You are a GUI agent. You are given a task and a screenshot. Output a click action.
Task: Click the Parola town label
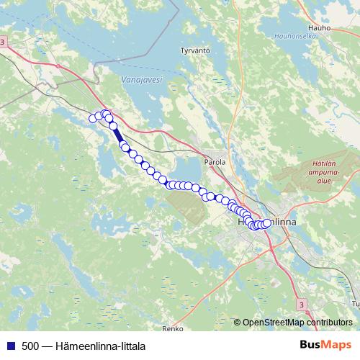pos(215,162)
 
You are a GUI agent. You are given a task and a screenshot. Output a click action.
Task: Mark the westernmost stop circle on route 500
pos(93,118)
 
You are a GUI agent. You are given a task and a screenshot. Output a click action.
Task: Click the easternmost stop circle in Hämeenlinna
pos(267,223)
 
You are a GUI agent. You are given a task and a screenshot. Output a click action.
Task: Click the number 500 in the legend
pos(30,346)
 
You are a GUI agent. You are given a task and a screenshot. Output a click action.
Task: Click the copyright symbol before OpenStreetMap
pos(237,322)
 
